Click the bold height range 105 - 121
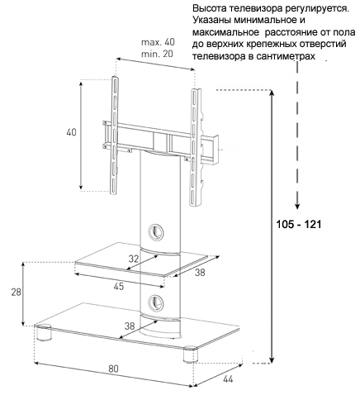pos(299,224)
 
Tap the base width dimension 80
pos(113,369)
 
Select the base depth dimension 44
pos(228,379)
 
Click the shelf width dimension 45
pos(119,287)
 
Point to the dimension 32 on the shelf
pos(134,259)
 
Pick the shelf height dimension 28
pos(16,293)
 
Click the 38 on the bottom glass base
pos(130,326)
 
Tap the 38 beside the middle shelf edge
pos(200,273)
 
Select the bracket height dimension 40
pos(71,132)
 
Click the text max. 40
pos(158,42)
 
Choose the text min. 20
pos(157,54)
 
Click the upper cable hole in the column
pos(155,231)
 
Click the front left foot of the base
pos(43,333)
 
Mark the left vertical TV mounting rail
pos(115,135)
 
